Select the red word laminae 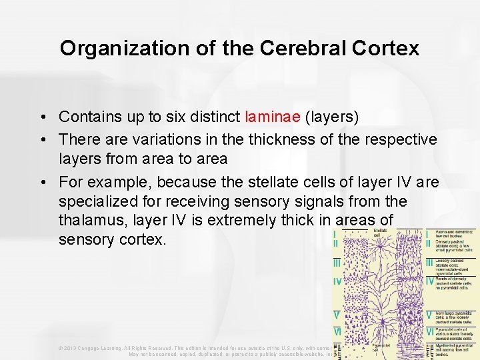pyautogui.click(x=273, y=117)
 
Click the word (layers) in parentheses pyautogui.click(x=331, y=117)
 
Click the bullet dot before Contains pyautogui.click(x=42, y=117)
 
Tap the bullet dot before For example pyautogui.click(x=42, y=181)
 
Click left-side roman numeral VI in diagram pyautogui.click(x=339, y=331)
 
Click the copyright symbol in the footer pyautogui.click(x=60, y=347)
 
